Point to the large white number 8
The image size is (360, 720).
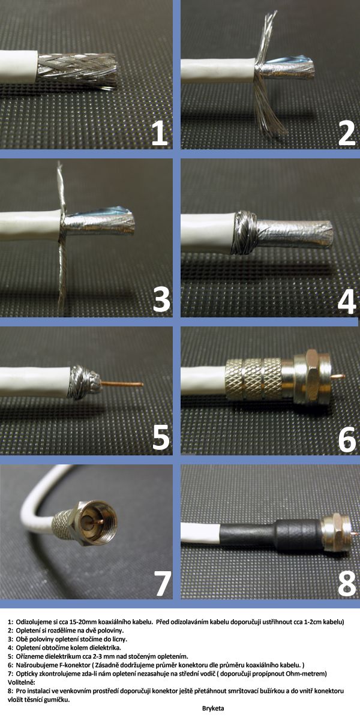(347, 583)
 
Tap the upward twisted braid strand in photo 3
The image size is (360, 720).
(60, 187)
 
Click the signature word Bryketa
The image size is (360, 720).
(213, 708)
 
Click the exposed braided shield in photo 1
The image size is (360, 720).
(77, 69)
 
